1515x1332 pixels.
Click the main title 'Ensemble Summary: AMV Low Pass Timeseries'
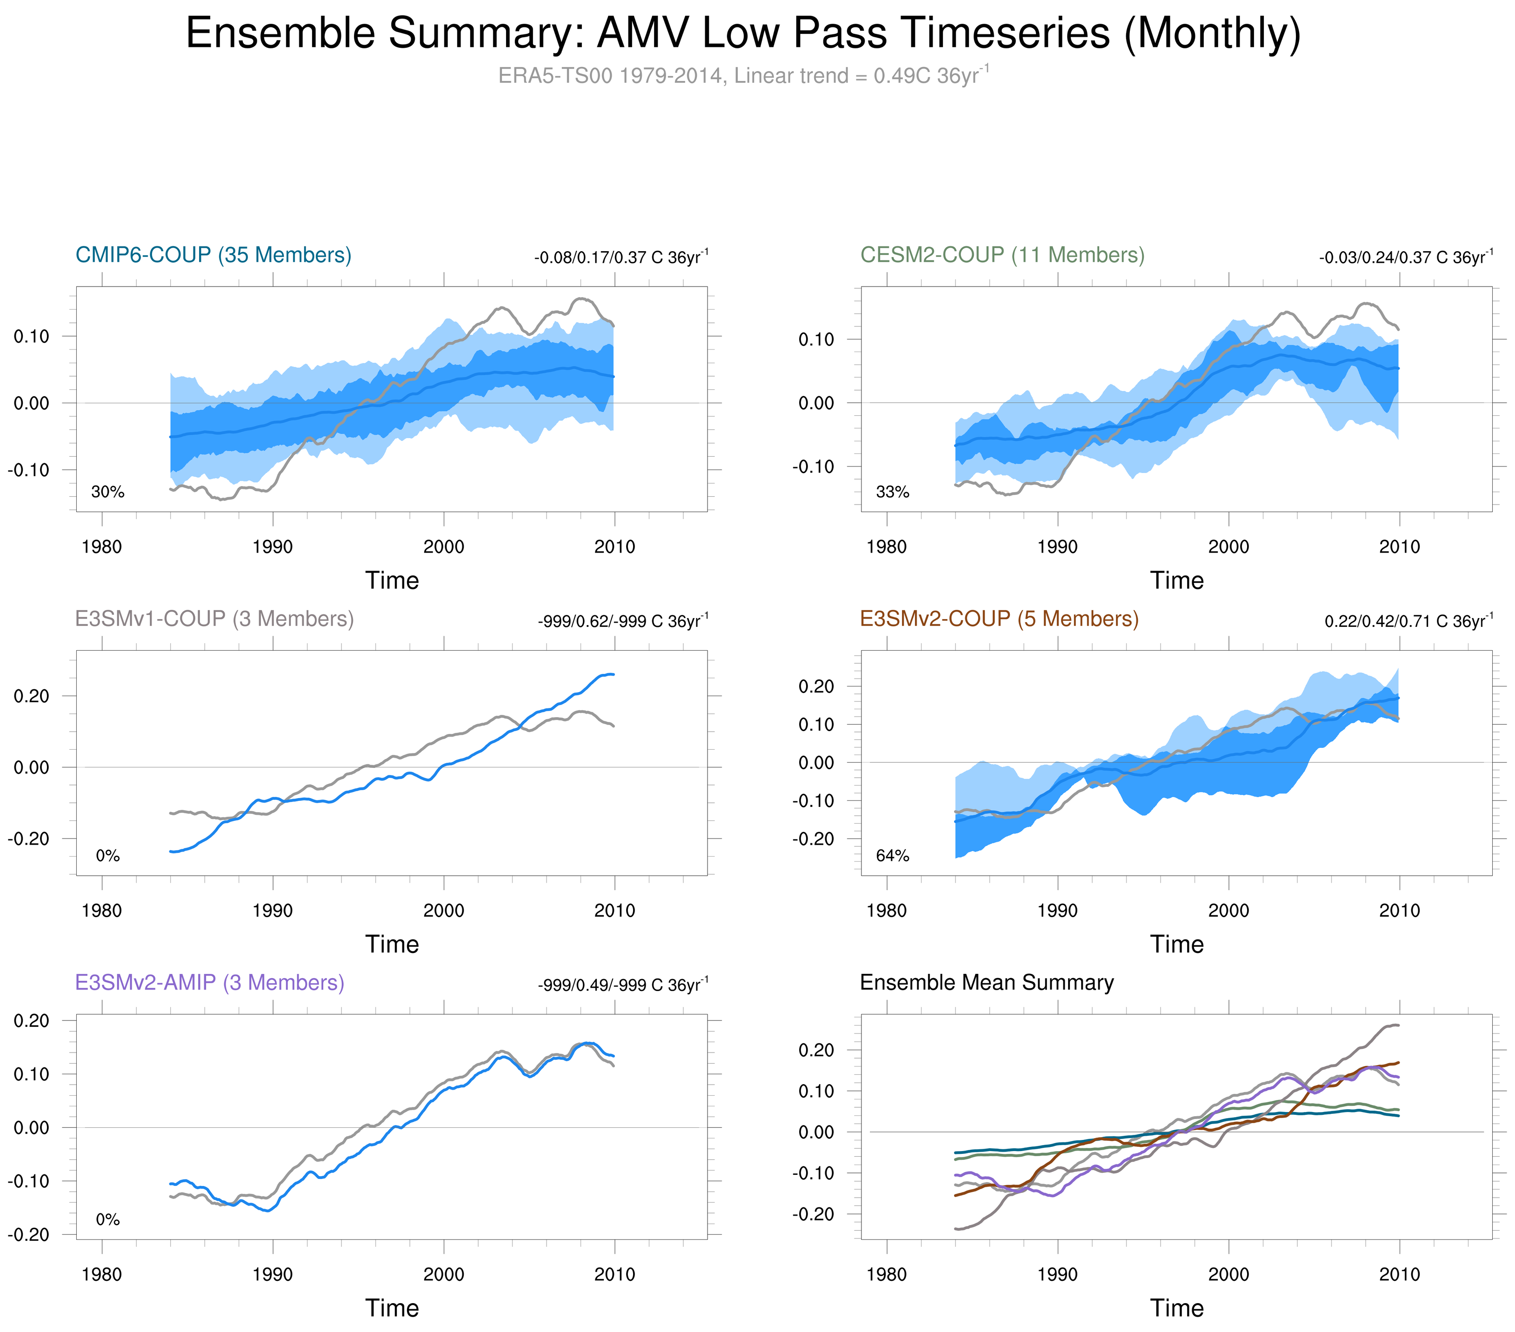(x=743, y=33)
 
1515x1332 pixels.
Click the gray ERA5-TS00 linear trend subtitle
(x=743, y=76)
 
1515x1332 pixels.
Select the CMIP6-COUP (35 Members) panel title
(x=214, y=255)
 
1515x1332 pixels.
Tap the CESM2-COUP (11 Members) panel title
(x=1002, y=255)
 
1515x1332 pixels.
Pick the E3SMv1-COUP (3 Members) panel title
(x=214, y=619)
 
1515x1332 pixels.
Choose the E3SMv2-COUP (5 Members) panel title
(x=999, y=619)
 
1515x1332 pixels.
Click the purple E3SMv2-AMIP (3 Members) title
(x=210, y=983)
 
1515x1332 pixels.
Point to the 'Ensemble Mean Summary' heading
(x=987, y=983)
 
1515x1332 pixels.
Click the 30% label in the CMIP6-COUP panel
(x=107, y=492)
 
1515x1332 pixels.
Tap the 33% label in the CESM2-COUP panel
(x=893, y=492)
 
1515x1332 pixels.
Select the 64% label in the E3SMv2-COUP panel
(x=893, y=856)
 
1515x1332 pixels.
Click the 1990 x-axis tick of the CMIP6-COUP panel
(x=273, y=547)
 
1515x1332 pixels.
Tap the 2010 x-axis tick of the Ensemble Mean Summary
(x=1399, y=1275)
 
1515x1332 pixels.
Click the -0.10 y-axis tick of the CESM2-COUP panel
(x=816, y=467)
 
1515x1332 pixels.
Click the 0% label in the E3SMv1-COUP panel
(x=107, y=856)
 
